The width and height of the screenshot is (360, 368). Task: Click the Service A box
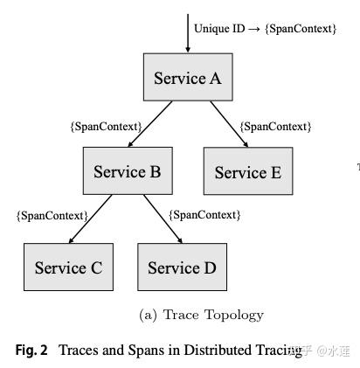coord(187,78)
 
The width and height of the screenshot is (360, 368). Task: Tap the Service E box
coord(248,171)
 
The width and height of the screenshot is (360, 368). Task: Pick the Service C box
coord(68,267)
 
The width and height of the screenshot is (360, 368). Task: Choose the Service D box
coord(182,267)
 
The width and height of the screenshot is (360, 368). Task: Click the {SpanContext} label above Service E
coord(275,127)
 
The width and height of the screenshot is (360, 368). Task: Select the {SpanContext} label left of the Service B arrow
coord(105,127)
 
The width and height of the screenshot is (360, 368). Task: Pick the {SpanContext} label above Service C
coord(52,215)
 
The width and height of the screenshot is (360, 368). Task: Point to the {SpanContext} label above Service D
coord(204,215)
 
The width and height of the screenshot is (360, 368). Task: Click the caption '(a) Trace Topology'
coord(201,315)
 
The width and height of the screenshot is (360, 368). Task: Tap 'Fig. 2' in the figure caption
coord(31,351)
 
